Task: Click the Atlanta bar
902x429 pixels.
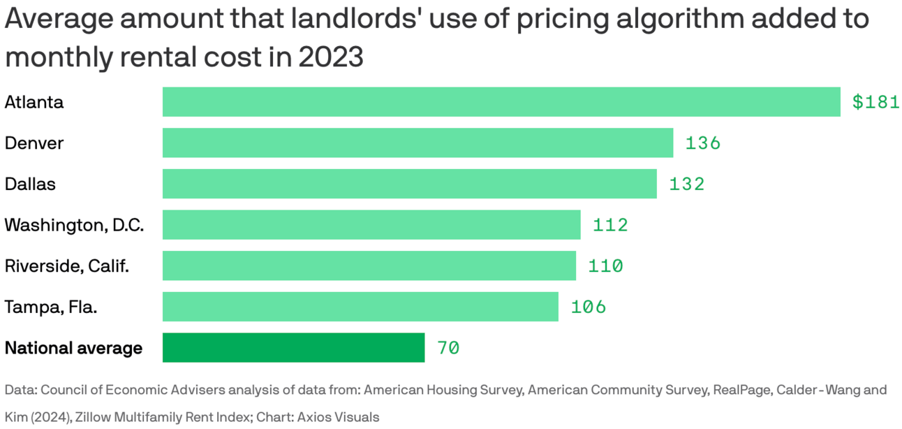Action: (x=501, y=102)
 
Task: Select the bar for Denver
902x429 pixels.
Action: (x=417, y=143)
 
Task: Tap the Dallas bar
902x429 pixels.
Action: (x=409, y=184)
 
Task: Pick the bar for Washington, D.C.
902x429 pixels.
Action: (x=371, y=225)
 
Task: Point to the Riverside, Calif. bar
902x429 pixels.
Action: (x=369, y=266)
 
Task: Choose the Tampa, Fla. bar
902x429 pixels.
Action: (x=360, y=307)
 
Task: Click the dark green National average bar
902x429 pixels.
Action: (x=293, y=348)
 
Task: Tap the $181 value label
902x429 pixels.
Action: (x=875, y=102)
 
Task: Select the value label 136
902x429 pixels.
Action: (x=702, y=143)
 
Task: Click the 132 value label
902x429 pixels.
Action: (x=687, y=184)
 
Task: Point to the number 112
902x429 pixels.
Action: (x=610, y=225)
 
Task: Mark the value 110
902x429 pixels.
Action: (x=605, y=266)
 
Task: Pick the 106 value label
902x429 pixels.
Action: (x=588, y=307)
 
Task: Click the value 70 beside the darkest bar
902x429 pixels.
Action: (x=448, y=348)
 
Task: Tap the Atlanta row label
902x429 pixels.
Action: (x=34, y=102)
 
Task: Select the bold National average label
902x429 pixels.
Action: (x=73, y=348)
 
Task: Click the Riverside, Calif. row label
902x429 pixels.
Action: (x=66, y=266)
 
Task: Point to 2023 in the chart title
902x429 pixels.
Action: (x=331, y=57)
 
